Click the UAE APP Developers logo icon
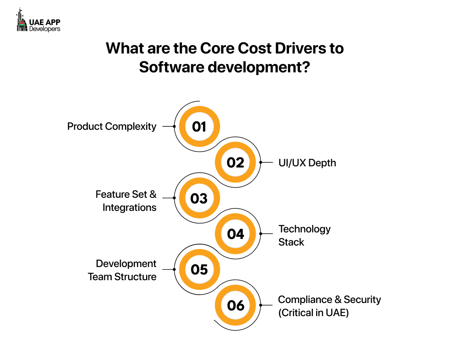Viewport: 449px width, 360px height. click(x=21, y=21)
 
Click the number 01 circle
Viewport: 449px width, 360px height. click(x=199, y=127)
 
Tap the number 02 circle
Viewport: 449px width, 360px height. click(x=235, y=163)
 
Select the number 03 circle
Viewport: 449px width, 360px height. click(x=199, y=198)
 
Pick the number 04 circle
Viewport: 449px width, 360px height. click(x=235, y=234)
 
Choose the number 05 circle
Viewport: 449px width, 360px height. click(x=199, y=269)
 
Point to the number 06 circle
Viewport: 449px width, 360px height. click(x=235, y=305)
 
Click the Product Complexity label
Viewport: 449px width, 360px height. click(x=112, y=127)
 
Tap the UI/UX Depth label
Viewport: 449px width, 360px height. click(x=307, y=163)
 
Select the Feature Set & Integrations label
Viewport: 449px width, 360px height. click(x=126, y=201)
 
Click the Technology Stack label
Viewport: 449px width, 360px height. click(x=304, y=235)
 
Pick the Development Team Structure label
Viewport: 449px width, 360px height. click(x=122, y=270)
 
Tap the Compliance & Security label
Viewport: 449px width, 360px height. click(x=329, y=300)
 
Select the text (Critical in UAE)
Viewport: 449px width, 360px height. click(x=314, y=313)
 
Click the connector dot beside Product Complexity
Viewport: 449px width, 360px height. click(x=174, y=126)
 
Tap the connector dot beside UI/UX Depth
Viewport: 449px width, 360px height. click(x=260, y=162)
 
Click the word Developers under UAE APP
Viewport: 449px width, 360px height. click(x=45, y=29)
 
